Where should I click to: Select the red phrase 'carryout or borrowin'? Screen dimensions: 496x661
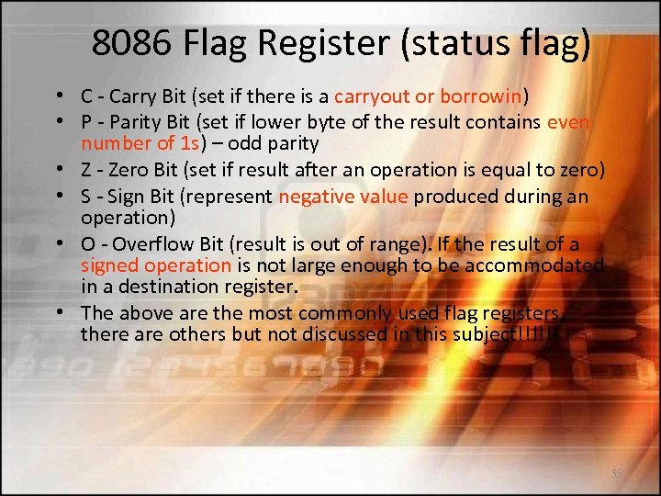(x=429, y=96)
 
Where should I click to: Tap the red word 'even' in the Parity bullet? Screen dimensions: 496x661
(x=567, y=123)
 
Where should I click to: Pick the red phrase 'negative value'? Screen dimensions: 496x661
(x=338, y=197)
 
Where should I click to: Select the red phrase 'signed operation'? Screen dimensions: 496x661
(x=156, y=265)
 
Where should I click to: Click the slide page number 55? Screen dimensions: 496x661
(x=617, y=473)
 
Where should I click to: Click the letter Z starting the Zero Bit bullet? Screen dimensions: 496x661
(x=86, y=170)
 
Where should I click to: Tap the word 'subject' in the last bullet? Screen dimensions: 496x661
(x=496, y=334)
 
